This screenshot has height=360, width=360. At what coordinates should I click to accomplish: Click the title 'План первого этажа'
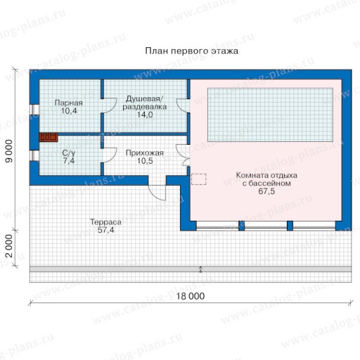pos(191,51)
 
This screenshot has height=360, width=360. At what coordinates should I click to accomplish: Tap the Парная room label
pos(68,103)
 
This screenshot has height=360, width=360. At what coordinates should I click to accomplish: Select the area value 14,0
pos(145,115)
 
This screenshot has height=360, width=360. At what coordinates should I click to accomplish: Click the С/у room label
pos(69,153)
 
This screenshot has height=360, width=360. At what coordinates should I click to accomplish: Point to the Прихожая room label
pos(145,153)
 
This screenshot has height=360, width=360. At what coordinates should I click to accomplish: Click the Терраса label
pos(105,222)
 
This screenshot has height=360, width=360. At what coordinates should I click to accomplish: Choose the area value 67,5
pos(266,191)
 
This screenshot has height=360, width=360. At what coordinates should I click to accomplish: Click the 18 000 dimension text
pos(191,296)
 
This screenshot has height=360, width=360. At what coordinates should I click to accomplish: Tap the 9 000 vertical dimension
pos(9,151)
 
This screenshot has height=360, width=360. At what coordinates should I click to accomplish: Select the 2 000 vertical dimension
pos(9,246)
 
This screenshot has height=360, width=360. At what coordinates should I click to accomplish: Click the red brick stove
pos(49,137)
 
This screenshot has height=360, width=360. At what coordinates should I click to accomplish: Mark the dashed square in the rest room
pos(199,179)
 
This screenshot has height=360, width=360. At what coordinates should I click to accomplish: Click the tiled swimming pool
pos(271,115)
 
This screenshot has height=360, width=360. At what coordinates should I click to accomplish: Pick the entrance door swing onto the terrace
pos(157,193)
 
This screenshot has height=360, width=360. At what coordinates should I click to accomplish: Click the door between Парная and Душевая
pos(109,105)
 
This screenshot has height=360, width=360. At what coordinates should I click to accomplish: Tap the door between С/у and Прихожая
pos(109,155)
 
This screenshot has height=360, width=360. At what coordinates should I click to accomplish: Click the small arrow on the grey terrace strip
pos(200,269)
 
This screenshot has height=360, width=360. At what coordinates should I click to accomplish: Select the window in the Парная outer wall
pos(34,110)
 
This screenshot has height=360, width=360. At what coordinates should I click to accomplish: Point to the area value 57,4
pos(105,230)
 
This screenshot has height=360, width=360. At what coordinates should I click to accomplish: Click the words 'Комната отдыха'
pos(266,175)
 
